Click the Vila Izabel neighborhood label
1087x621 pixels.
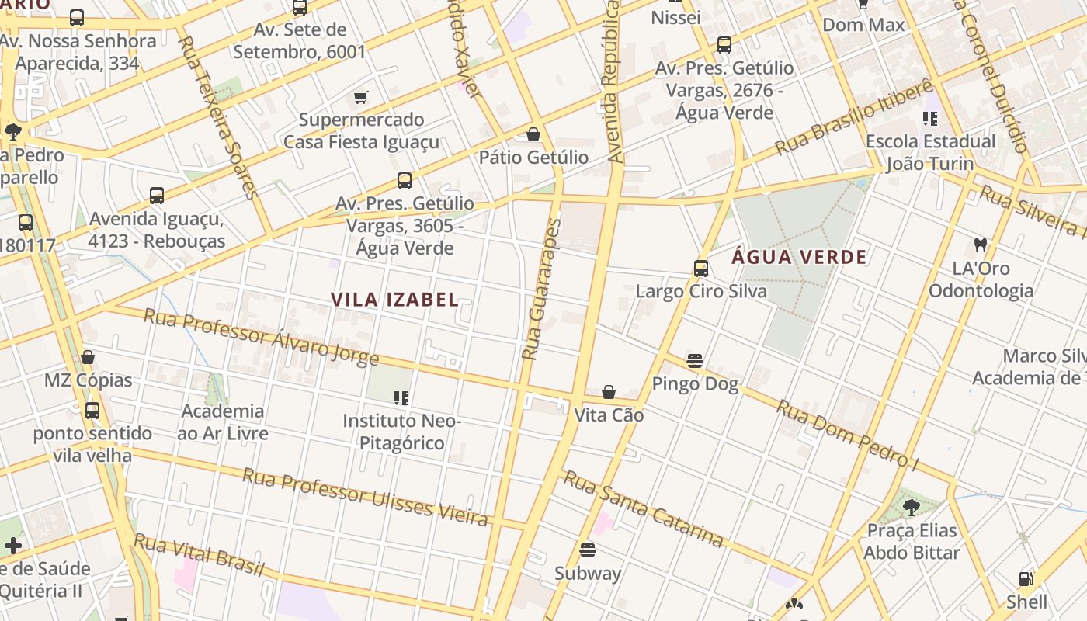(394, 300)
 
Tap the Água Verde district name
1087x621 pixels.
(799, 257)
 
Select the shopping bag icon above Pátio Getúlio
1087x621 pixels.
(533, 134)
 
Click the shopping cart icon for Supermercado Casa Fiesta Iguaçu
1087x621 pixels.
(360, 97)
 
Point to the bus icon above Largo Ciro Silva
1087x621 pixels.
(701, 269)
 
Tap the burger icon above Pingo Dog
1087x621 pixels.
(695, 361)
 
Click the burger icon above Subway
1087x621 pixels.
(588, 550)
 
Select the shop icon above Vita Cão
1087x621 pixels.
(609, 392)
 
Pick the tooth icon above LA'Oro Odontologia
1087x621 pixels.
(981, 245)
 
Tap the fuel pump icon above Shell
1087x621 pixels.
(1026, 579)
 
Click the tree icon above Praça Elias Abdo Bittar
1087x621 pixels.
(912, 508)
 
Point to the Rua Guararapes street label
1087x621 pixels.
(541, 290)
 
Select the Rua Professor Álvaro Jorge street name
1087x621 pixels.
(262, 338)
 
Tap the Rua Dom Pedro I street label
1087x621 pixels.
(848, 435)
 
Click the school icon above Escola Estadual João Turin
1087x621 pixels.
(930, 119)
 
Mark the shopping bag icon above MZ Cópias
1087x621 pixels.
(88, 357)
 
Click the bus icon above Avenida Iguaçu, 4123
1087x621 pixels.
(157, 196)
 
